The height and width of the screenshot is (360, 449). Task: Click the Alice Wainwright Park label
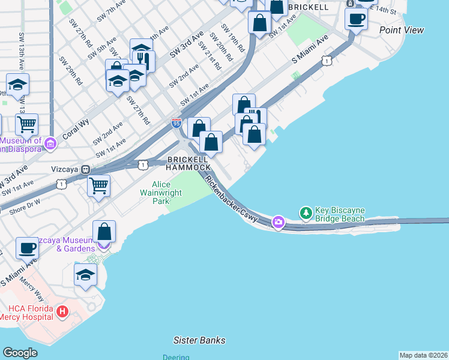click(x=154, y=193)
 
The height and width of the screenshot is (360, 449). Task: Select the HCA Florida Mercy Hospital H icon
click(x=62, y=311)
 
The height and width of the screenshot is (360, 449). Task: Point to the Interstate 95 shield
click(x=176, y=124)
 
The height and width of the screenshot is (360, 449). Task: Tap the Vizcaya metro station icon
click(x=86, y=170)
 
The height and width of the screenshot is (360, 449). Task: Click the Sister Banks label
click(x=199, y=340)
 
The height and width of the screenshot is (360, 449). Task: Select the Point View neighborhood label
click(x=402, y=30)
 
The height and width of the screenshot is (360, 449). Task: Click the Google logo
click(x=20, y=353)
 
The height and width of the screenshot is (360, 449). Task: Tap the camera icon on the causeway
click(x=278, y=223)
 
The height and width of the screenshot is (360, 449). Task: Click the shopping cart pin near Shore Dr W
click(x=98, y=185)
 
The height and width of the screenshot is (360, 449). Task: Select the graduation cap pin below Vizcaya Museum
click(x=85, y=274)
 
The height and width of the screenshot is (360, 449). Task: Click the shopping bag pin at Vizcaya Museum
click(x=104, y=231)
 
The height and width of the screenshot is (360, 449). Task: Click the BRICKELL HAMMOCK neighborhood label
click(x=188, y=163)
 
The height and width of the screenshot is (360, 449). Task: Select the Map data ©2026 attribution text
click(x=424, y=355)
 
